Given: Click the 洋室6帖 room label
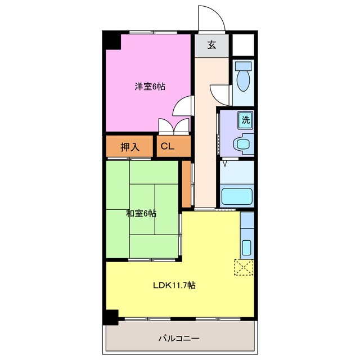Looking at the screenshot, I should pos(149,87).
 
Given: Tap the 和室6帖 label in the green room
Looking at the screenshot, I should pos(141,213).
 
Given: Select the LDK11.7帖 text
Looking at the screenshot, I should pos(174,285).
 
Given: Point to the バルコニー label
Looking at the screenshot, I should pos(178,339).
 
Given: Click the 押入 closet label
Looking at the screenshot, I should pos(129,147).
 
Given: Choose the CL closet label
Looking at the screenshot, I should pos(167,147).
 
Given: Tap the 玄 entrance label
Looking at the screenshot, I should pos(211,46).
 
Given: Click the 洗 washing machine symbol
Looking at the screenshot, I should pos(246,119).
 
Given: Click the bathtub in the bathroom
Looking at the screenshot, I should pos(236,197).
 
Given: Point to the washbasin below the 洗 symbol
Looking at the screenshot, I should pos(242,144).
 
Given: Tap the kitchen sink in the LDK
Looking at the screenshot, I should pos(246,247).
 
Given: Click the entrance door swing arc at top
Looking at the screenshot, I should pos(211,18).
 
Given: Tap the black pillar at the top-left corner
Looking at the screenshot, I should pos(111,40).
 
